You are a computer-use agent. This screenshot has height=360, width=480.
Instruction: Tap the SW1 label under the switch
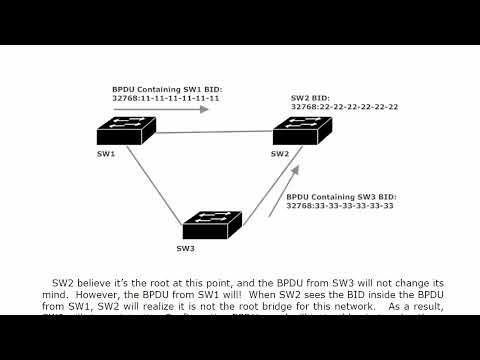pyautogui.click(x=106, y=153)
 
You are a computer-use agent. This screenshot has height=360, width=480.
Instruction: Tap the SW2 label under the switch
pyautogui.click(x=280, y=153)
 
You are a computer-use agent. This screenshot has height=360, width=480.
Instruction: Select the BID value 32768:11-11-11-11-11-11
pyautogui.click(x=166, y=98)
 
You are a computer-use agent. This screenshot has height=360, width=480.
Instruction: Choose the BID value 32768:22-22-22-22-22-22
pyautogui.click(x=344, y=107)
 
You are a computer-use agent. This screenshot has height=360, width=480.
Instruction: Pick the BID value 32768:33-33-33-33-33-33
pyautogui.click(x=340, y=206)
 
